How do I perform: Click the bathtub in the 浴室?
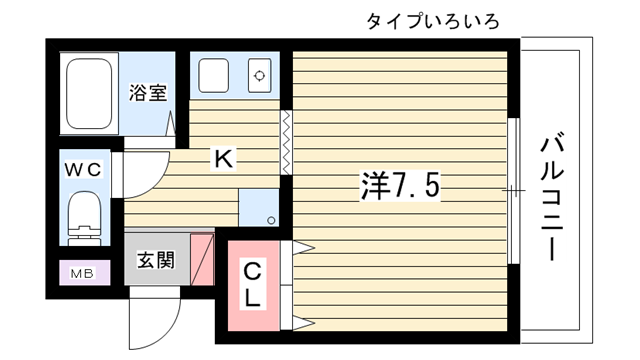89,93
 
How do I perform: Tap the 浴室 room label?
148,93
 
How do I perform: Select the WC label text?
83,169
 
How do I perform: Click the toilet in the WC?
84,218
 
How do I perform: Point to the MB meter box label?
83,273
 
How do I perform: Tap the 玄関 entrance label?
156,260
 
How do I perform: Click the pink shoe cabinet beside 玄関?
202,259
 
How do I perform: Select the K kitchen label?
224,159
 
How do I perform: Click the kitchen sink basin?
213,75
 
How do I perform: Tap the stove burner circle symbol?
260,76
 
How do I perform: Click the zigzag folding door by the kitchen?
286,142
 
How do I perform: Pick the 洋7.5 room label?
400,186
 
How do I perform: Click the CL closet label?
252,285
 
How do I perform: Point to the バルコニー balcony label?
552,196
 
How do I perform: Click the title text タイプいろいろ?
433,21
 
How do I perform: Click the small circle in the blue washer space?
271,221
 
